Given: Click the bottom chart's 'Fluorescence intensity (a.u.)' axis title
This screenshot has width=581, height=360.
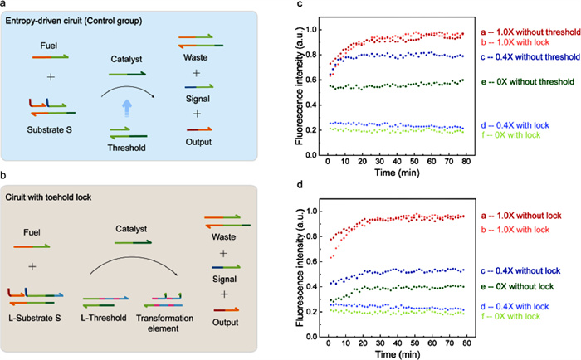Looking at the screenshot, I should tap(300, 264).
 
